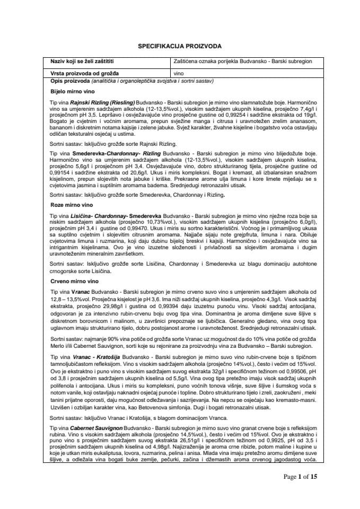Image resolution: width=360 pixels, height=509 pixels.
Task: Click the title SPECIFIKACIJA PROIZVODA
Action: click(x=180, y=46)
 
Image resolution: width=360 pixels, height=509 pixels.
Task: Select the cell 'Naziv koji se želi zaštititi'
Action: click(x=80, y=62)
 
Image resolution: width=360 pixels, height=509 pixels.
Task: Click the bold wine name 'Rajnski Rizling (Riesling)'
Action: click(x=102, y=102)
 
